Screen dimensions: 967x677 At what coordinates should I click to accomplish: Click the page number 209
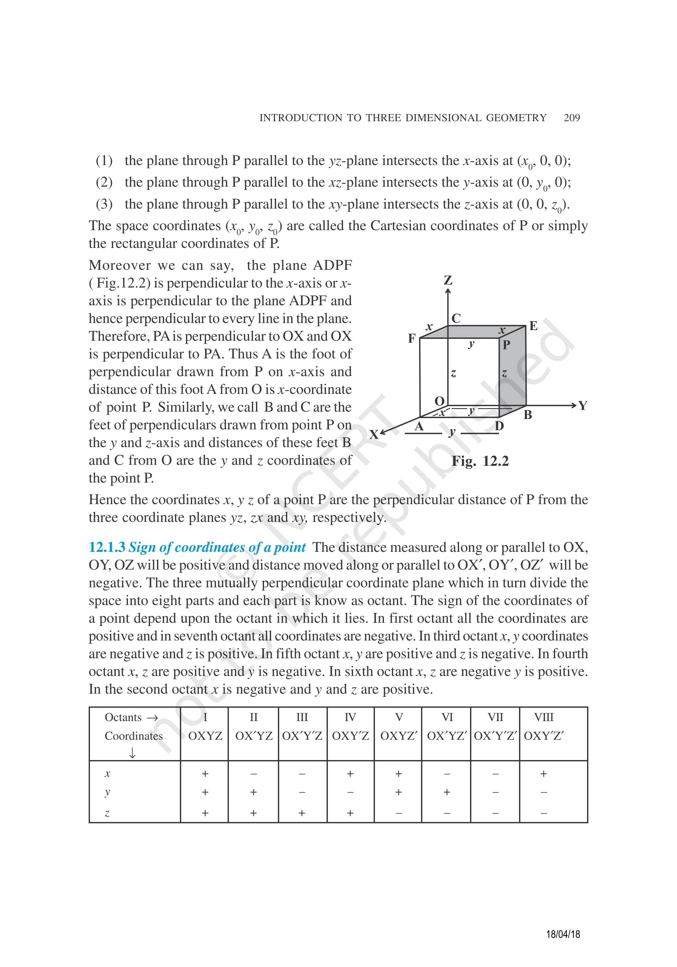pyautogui.click(x=571, y=118)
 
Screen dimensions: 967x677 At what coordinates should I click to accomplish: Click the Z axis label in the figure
pyautogui.click(x=448, y=280)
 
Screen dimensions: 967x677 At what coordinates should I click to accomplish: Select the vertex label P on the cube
pyautogui.click(x=506, y=345)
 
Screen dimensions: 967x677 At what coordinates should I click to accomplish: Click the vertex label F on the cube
pyautogui.click(x=412, y=338)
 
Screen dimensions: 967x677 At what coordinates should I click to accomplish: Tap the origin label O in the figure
pyautogui.click(x=439, y=401)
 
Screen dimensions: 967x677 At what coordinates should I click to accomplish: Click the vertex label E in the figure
pyautogui.click(x=533, y=326)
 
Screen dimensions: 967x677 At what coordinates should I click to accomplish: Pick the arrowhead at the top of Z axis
pyautogui.click(x=448, y=291)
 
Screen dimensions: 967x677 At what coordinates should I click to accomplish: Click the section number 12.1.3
pyautogui.click(x=107, y=547)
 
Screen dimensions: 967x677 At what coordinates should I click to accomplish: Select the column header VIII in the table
pyautogui.click(x=544, y=717)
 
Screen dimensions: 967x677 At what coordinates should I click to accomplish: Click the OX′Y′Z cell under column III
pyautogui.click(x=302, y=736)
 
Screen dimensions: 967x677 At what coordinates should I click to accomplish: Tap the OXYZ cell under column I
pyautogui.click(x=205, y=736)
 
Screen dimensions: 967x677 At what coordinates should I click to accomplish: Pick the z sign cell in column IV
pyautogui.click(x=350, y=813)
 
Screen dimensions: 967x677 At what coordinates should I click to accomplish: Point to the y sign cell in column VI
pyautogui.click(x=446, y=792)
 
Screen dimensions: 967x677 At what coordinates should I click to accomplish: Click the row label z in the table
pyautogui.click(x=107, y=813)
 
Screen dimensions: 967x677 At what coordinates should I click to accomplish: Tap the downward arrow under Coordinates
pyautogui.click(x=132, y=753)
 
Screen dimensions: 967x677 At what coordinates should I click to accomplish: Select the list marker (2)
pyautogui.click(x=104, y=182)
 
